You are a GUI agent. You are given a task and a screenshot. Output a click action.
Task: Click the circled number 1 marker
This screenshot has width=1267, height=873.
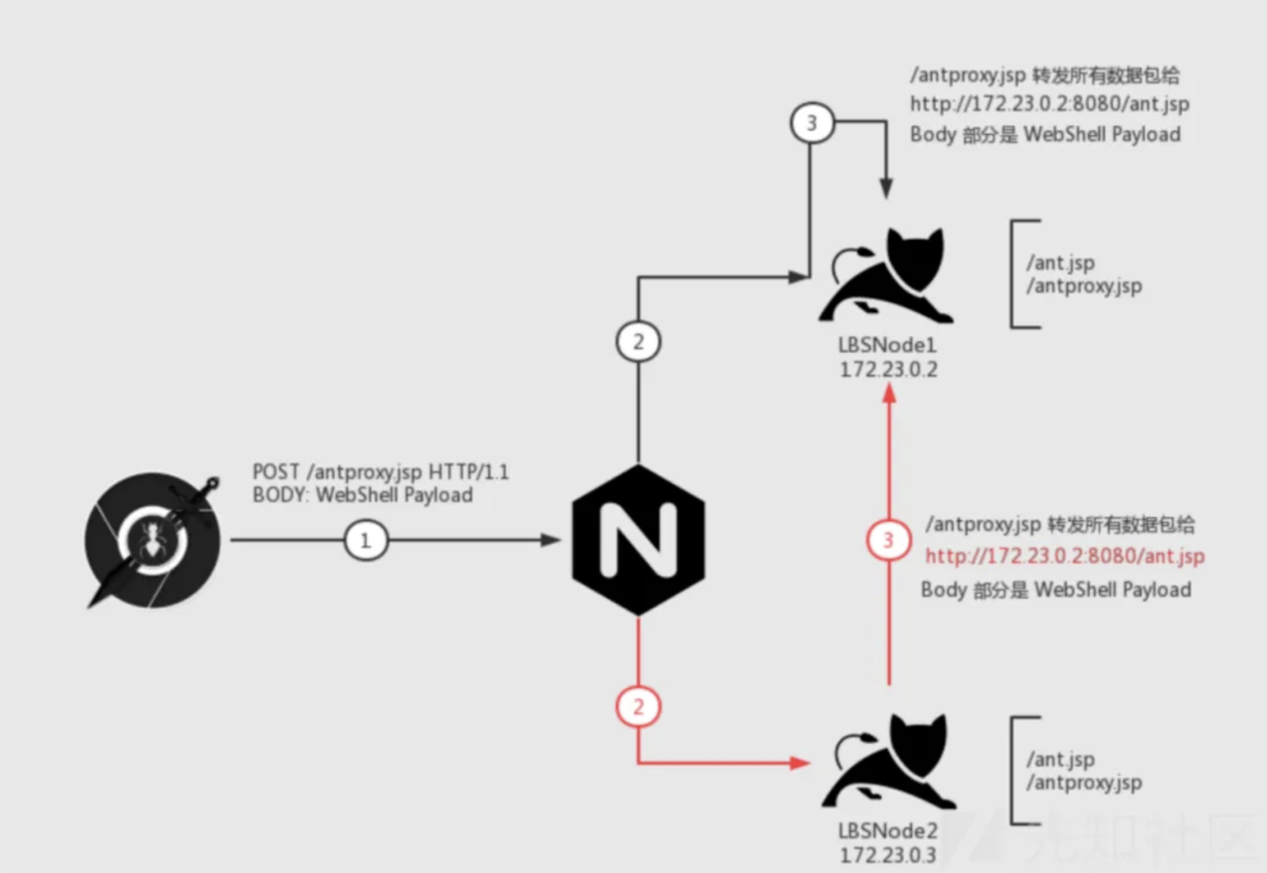366,540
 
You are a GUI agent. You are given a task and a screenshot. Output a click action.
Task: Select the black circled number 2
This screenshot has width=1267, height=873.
638,341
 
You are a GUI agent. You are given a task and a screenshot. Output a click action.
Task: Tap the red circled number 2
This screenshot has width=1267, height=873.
638,706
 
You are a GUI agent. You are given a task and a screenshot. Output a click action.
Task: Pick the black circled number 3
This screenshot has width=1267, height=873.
812,123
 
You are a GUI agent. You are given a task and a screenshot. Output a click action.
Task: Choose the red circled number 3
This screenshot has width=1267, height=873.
888,540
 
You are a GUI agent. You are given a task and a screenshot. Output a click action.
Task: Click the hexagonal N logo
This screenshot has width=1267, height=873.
638,540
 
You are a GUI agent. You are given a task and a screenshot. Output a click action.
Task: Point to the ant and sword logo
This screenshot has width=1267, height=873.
153,540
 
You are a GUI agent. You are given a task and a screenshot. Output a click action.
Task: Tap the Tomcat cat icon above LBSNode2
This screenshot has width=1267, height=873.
889,762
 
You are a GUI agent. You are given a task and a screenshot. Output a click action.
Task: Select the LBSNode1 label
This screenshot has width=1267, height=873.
887,345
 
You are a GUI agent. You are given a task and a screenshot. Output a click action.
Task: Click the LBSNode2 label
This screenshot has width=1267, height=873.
887,831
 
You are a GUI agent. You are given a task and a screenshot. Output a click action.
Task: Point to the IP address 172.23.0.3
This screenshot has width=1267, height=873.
887,855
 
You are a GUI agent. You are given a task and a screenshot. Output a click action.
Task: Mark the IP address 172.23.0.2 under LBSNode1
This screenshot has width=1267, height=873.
888,369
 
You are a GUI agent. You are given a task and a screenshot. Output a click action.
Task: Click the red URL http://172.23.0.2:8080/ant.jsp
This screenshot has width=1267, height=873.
1065,556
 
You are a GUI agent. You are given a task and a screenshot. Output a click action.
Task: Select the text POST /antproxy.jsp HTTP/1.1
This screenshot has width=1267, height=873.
381,472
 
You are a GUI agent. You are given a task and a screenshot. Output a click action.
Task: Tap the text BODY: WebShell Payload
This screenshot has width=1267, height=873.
363,495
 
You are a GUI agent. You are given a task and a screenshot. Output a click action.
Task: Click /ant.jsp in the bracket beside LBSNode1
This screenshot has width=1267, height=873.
1061,263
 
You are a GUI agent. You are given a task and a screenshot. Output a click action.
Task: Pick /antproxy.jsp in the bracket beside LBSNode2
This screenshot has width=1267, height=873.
1084,783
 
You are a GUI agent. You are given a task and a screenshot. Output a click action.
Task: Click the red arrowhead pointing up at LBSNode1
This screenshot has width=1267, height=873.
889,394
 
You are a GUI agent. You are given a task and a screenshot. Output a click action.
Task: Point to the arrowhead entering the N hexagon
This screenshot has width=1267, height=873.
551,540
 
